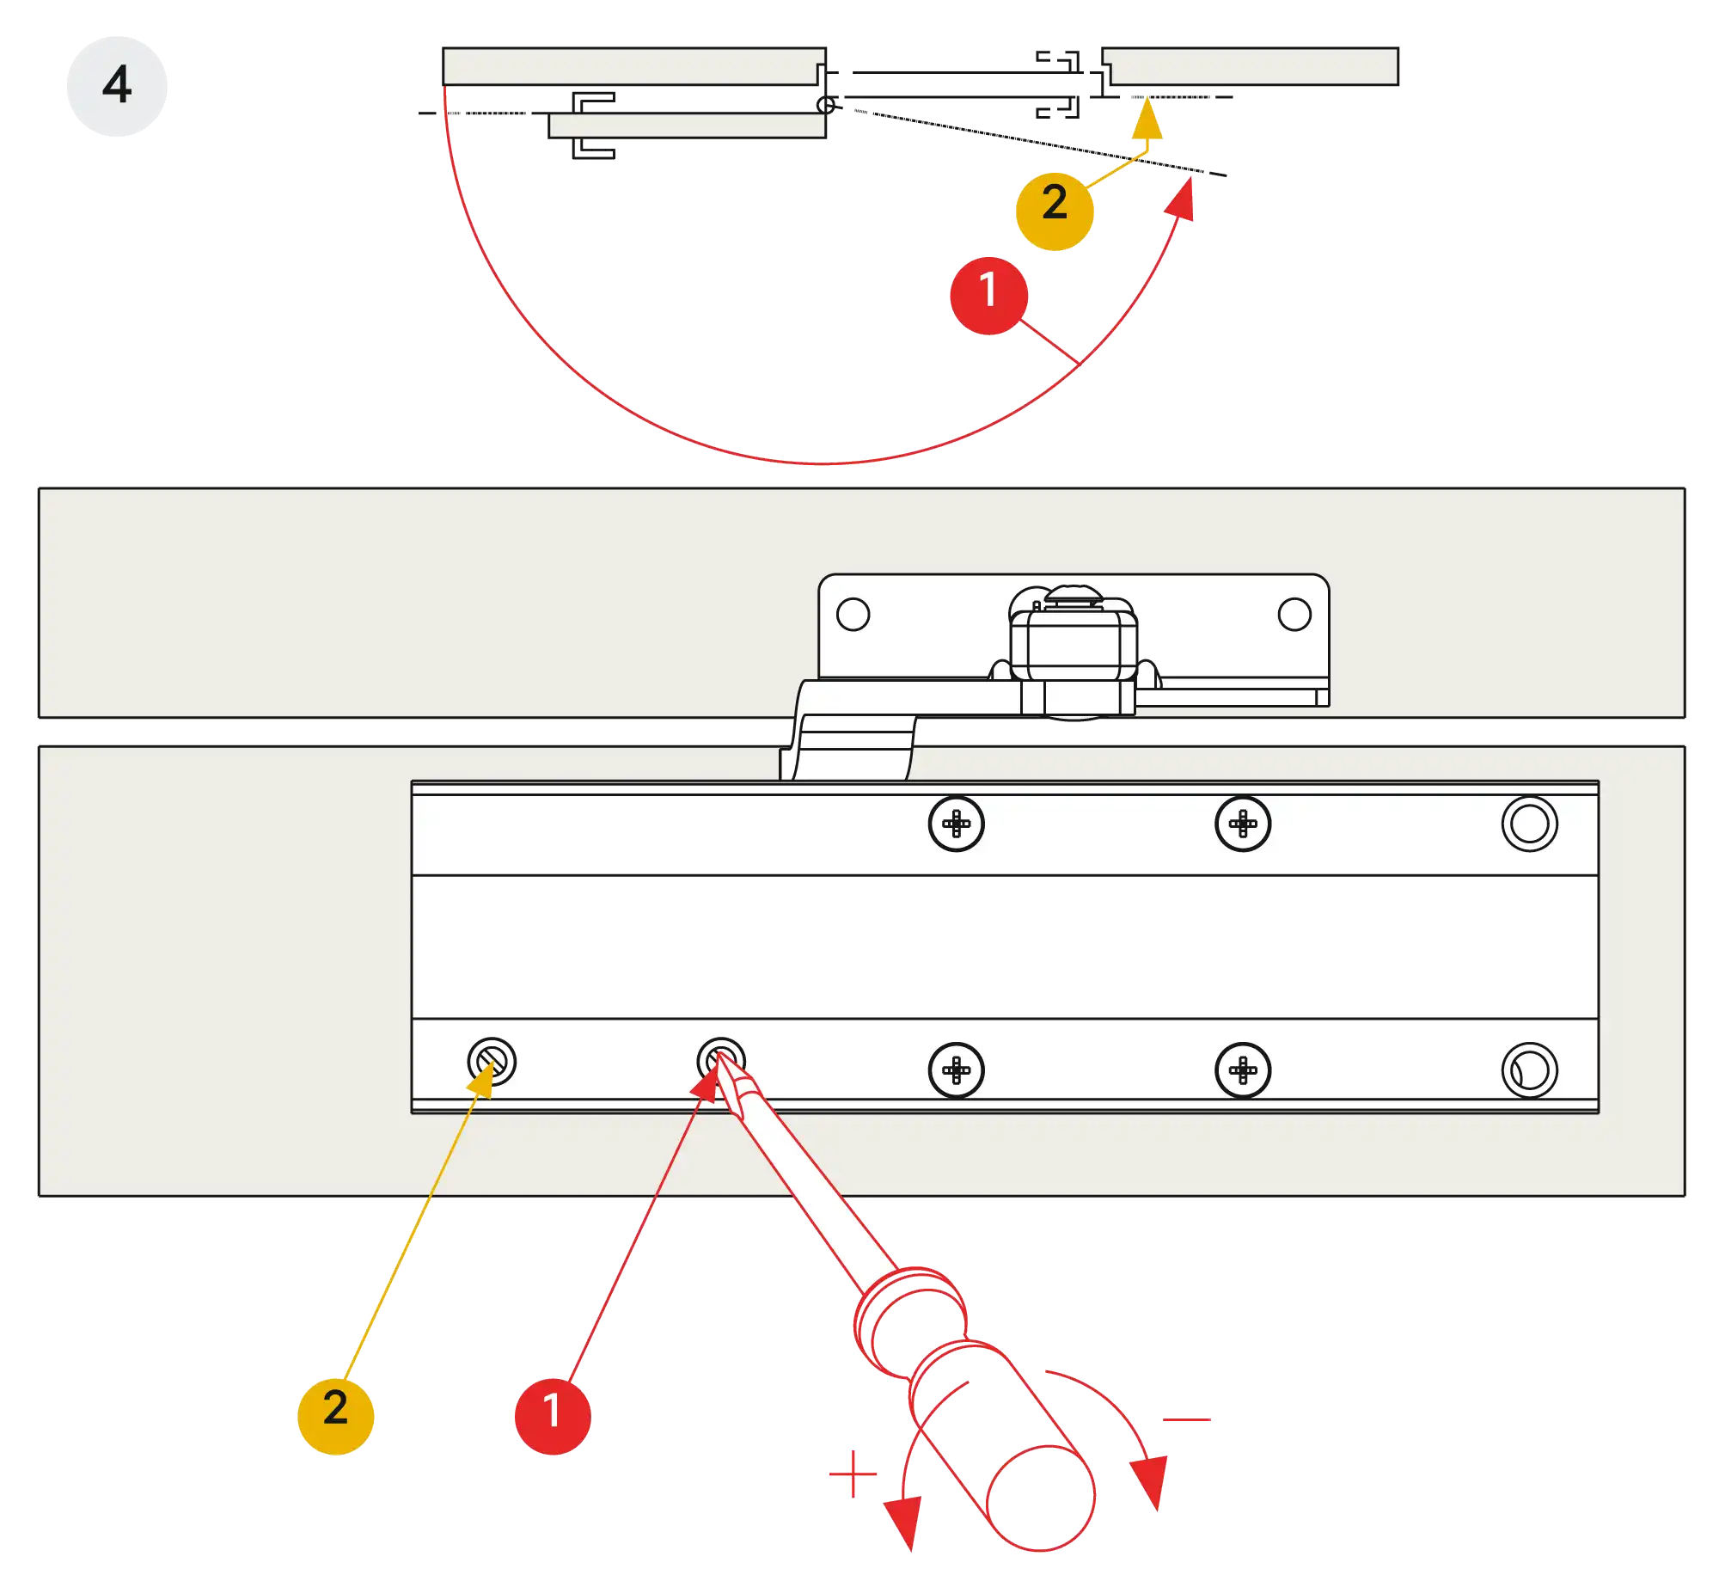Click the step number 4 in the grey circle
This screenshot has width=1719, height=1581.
point(117,85)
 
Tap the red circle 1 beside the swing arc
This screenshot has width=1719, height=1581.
point(988,294)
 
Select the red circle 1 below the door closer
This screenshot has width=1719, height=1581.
point(553,1414)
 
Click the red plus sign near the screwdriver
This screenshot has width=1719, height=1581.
point(852,1473)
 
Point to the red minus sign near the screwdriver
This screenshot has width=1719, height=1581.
point(1188,1419)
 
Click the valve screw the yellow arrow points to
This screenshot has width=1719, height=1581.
point(492,1061)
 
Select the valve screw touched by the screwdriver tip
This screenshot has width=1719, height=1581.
point(720,1061)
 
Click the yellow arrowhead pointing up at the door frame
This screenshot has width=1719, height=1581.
point(1147,120)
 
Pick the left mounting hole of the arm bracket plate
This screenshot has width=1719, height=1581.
point(853,614)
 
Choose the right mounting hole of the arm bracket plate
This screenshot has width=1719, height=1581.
point(1294,614)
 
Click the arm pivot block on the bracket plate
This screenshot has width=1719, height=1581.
point(1074,649)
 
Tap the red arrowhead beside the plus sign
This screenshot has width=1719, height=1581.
point(903,1522)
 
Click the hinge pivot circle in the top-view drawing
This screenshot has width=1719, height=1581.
point(826,105)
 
